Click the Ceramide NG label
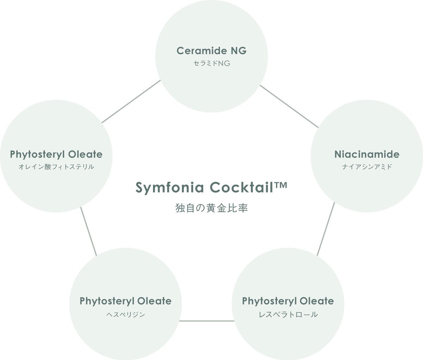211,51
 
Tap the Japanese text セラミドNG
211,64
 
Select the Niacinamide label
367,154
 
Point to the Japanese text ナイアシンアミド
367,167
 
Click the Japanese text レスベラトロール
288,314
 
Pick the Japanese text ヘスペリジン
126,314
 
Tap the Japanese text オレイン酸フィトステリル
56,167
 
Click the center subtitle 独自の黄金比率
211,208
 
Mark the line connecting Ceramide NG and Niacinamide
289,106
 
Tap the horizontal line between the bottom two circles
207,321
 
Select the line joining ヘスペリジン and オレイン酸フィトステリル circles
88,231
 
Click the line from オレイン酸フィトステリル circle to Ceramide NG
131,102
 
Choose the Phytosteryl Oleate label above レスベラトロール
288,301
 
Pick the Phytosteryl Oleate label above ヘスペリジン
125,301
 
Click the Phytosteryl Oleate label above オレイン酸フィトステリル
56,154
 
